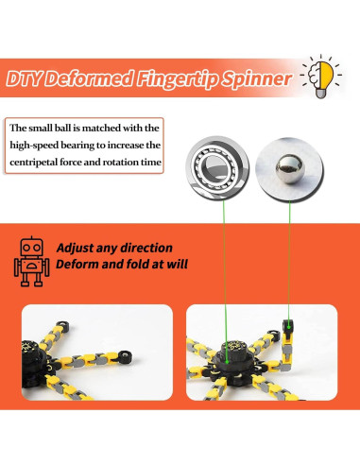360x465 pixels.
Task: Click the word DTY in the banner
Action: point(24,78)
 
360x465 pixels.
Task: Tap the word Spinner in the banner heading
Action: point(256,78)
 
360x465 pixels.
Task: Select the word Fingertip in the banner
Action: point(177,79)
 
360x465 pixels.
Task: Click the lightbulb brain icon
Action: point(321,77)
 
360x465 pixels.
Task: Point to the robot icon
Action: point(31,262)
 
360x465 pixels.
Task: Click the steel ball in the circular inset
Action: point(289,168)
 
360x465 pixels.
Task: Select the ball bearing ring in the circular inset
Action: point(217,167)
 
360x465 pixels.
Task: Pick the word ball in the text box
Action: point(62,128)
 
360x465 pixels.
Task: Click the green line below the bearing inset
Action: point(225,281)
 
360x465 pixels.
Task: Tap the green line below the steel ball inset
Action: point(289,261)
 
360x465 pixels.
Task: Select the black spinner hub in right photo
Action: point(233,359)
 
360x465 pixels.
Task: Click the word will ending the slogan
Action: point(177,264)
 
